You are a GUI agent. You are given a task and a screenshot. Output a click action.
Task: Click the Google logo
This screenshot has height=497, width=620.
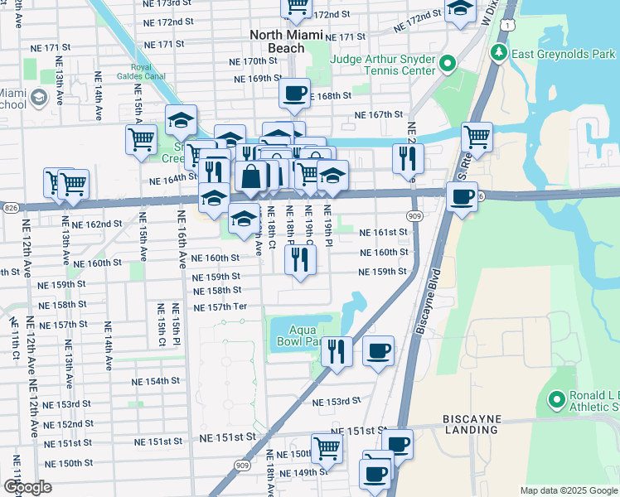[x=28, y=487]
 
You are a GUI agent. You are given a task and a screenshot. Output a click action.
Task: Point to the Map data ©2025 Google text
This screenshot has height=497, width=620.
[x=568, y=490]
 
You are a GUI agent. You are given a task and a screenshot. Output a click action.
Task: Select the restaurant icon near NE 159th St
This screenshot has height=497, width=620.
[x=300, y=259]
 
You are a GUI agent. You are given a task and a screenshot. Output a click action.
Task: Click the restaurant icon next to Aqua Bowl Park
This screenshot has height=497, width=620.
[x=337, y=351]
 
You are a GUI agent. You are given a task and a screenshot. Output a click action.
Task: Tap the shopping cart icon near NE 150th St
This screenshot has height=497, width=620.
[x=327, y=448]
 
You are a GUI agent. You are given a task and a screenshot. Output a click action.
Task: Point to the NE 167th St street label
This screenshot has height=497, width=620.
[x=378, y=115]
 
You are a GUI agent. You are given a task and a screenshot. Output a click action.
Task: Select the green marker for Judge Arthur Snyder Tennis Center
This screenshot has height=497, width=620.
[x=448, y=64]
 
